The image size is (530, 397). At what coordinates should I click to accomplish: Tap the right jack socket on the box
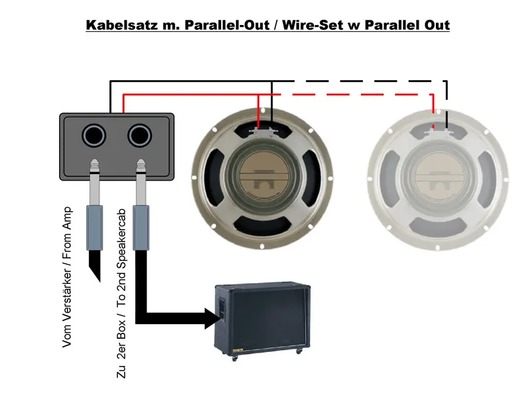coord(140,136)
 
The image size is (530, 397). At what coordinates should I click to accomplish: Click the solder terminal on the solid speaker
coord(264,131)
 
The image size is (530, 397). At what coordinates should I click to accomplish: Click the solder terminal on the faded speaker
coord(438,131)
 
